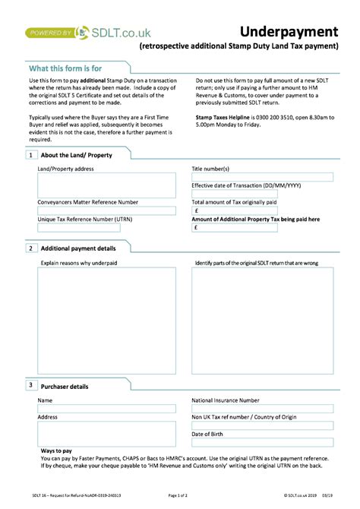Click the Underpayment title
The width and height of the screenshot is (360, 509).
pos(289,31)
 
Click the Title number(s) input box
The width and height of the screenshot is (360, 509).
pos(262,177)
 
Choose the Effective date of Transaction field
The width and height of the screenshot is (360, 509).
pos(262,194)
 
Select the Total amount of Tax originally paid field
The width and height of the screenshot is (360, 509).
pos(262,211)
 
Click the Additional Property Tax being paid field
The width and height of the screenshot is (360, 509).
pos(262,227)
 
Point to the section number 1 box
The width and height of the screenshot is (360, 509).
pos(30,155)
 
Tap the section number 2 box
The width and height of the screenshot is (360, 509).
pos(30,248)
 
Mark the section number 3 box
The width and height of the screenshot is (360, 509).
pos(30,386)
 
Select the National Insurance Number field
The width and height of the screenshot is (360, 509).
pos(262,409)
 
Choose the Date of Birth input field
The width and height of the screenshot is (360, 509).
pos(262,443)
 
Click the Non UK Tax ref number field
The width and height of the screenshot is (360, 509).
pos(262,425)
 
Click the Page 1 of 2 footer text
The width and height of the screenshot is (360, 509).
pos(178,495)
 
